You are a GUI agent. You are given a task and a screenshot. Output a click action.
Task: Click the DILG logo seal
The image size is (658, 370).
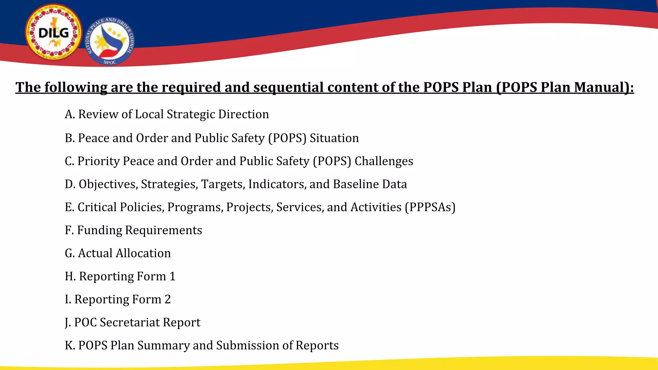click(x=53, y=32)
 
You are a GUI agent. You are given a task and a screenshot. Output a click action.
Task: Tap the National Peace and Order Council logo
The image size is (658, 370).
click(x=110, y=41)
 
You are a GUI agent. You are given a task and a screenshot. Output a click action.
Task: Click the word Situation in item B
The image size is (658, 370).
click(x=334, y=138)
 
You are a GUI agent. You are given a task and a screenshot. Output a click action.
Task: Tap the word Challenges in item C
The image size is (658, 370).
click(x=384, y=161)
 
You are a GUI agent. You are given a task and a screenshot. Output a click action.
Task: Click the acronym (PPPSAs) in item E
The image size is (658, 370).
click(x=430, y=207)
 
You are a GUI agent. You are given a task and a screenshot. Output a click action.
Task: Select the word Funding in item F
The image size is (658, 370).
click(x=100, y=230)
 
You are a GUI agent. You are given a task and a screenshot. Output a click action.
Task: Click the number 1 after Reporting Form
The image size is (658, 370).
click(x=173, y=277)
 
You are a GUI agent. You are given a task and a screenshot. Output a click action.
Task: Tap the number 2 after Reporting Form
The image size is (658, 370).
click(x=167, y=299)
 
